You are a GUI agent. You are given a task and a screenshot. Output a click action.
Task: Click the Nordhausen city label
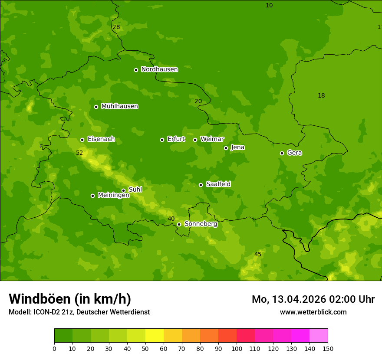[x=159, y=69]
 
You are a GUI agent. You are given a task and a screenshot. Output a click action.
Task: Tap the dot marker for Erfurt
[x=162, y=140]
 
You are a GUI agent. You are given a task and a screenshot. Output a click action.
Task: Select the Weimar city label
[x=212, y=139]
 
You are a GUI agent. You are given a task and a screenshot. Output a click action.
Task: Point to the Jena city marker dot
[x=226, y=148]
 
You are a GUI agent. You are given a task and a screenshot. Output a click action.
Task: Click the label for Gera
[x=294, y=153]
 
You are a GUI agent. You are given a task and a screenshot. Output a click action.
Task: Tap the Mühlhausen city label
[x=119, y=106]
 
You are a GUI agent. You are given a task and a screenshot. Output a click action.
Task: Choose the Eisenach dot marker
[x=82, y=140]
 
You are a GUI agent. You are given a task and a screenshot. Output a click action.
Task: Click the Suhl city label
[x=135, y=190]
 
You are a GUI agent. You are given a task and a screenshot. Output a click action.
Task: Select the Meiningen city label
[x=113, y=195]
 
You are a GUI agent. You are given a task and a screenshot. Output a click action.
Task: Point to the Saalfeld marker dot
[x=201, y=185]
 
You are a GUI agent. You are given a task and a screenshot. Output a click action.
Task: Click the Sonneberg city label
[x=201, y=224]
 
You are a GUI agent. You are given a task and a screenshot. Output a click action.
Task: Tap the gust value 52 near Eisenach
[x=79, y=153]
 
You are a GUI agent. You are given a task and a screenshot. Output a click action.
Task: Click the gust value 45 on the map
[x=258, y=254]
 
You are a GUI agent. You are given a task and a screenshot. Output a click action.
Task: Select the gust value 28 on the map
[x=116, y=27]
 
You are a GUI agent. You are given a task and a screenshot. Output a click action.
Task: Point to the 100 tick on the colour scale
[x=237, y=348]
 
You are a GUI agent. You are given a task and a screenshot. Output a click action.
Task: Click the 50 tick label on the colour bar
[x=145, y=348]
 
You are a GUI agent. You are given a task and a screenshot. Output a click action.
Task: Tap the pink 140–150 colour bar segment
[x=319, y=336]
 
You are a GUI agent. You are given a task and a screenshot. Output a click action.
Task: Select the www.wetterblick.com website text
[x=313, y=312]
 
